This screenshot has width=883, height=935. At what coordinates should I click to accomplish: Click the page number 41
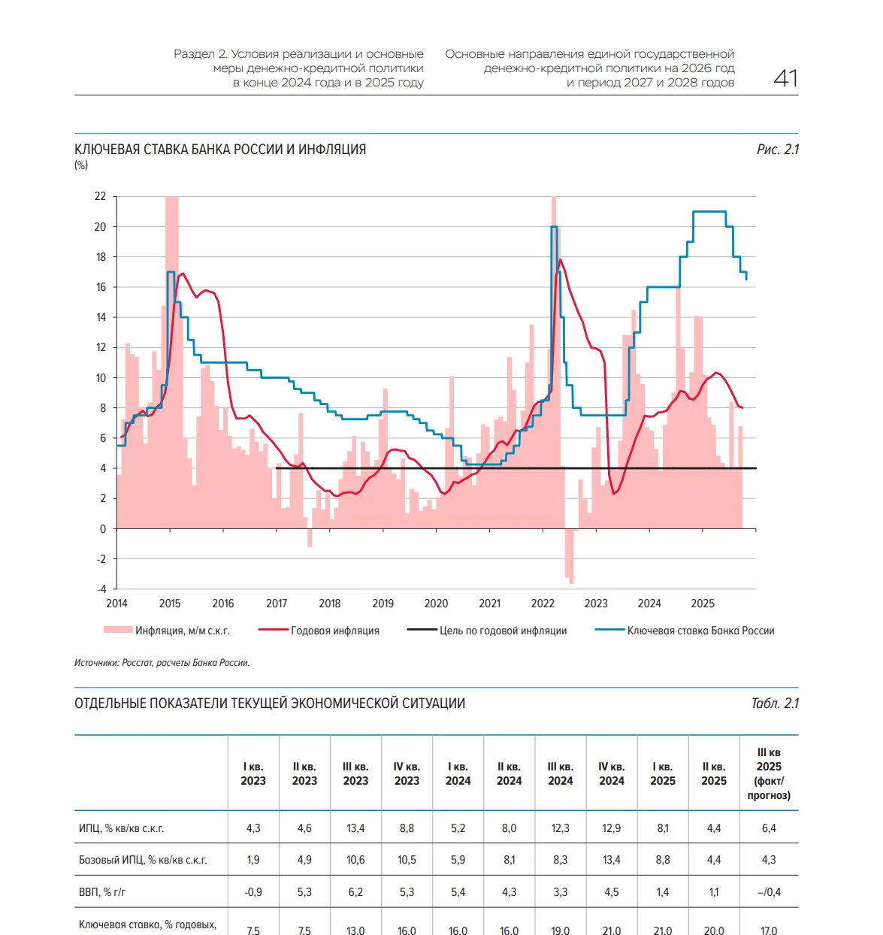[785, 78]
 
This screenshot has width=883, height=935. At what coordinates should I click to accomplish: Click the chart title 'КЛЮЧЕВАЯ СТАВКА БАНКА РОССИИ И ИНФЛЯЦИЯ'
[220, 150]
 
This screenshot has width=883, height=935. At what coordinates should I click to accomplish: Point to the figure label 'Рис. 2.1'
[777, 150]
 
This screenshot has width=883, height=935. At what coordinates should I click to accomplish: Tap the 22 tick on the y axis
[100, 196]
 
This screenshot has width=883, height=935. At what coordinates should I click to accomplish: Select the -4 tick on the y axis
[101, 589]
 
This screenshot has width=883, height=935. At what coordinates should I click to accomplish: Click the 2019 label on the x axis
[383, 604]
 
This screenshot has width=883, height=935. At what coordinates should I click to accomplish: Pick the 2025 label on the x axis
[703, 604]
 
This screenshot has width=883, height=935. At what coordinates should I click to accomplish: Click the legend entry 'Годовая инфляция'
[334, 631]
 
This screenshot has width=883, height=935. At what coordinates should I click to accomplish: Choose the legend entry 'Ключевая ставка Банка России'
[700, 631]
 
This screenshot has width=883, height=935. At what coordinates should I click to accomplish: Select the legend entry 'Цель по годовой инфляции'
[503, 631]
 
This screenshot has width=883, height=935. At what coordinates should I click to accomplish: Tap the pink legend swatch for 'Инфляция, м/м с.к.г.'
[118, 630]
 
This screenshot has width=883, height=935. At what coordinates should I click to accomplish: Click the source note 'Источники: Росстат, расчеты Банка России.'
[162, 663]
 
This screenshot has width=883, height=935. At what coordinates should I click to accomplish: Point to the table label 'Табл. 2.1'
[775, 704]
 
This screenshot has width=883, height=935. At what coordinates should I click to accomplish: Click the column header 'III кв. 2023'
[355, 773]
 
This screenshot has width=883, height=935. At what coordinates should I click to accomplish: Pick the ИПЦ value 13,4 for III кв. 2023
[355, 828]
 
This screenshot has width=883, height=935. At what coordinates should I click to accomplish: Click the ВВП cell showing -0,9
[253, 892]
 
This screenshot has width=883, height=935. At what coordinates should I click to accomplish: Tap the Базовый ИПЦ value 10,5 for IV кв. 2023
[407, 860]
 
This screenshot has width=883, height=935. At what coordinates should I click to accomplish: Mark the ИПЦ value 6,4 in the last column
[769, 828]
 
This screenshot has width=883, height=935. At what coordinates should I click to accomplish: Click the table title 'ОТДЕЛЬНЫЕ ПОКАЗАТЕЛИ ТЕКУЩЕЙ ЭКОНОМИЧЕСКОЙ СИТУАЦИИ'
[270, 704]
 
